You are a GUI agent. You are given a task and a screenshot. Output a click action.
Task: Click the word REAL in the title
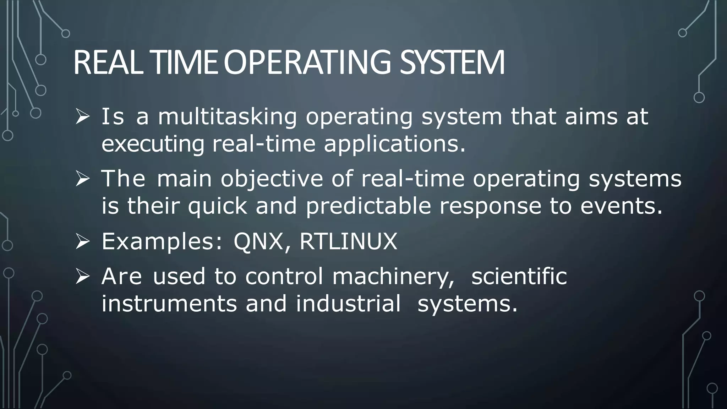(108, 63)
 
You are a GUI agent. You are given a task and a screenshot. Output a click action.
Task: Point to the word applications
(394, 144)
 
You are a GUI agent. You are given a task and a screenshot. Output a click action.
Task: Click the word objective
(272, 179)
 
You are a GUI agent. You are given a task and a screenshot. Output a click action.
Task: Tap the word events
(622, 206)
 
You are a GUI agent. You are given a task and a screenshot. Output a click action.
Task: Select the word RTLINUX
(348, 241)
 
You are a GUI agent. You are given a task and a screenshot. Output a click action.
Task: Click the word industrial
(348, 304)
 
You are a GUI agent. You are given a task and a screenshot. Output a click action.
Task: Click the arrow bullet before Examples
(82, 242)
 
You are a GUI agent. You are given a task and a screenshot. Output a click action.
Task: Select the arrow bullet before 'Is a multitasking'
(82, 117)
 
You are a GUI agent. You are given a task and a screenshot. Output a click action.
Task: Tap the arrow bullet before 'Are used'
(82, 277)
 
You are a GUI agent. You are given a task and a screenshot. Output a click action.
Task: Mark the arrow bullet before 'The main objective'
(82, 179)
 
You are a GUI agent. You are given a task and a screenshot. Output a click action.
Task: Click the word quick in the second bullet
(217, 206)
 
